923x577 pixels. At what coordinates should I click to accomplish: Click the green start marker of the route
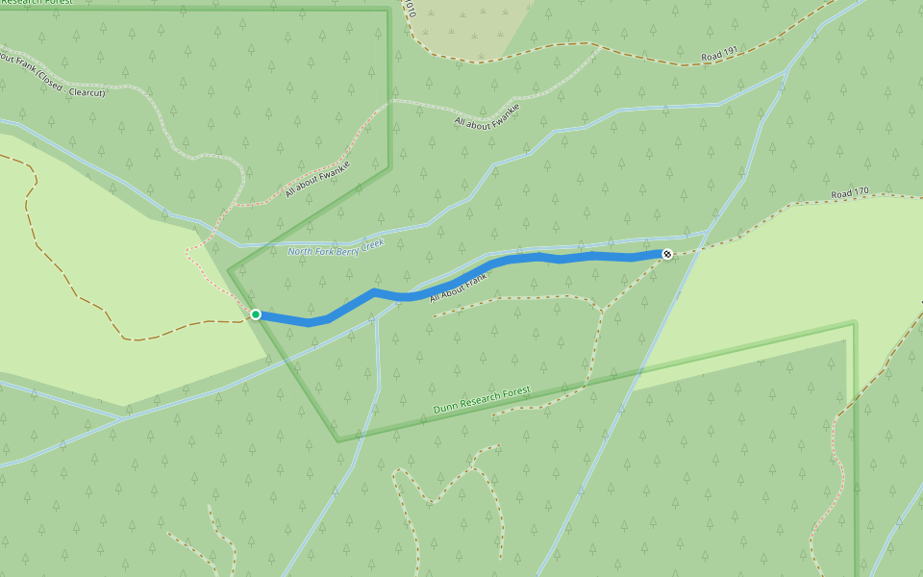[256, 314]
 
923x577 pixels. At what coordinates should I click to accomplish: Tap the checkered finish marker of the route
[666, 254]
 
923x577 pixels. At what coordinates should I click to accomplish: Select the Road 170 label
[850, 193]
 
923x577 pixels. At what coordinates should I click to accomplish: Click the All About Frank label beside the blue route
[459, 287]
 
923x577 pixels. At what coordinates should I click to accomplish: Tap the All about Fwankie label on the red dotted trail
[317, 179]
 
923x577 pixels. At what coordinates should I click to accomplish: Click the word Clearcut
[87, 92]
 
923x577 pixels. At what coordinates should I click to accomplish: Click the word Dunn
[444, 409]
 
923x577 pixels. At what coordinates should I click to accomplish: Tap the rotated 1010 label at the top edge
[410, 9]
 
